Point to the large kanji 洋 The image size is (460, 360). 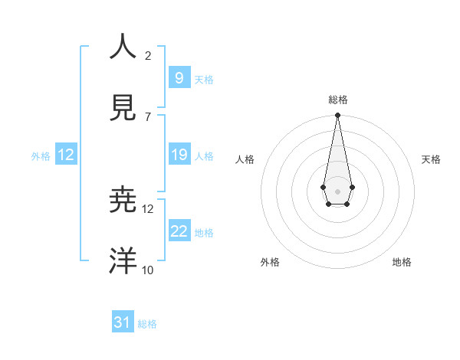[123, 260]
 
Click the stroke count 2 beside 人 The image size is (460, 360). [148, 55]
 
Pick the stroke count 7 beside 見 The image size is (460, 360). [148, 116]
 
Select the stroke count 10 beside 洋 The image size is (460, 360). [148, 270]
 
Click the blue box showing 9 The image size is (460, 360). [179, 77]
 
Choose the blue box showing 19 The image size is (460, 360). [179, 155]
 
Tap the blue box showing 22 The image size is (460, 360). [179, 231]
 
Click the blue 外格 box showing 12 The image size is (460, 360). [66, 155]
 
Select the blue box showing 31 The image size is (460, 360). [123, 322]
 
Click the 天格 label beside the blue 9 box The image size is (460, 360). [204, 79]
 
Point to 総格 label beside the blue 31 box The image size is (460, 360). [147, 324]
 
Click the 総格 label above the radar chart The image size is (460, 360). [337, 100]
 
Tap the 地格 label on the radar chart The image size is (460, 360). [402, 262]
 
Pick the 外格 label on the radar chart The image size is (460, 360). [270, 262]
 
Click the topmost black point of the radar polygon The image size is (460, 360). [337, 116]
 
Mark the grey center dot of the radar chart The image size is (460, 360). [337, 190]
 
